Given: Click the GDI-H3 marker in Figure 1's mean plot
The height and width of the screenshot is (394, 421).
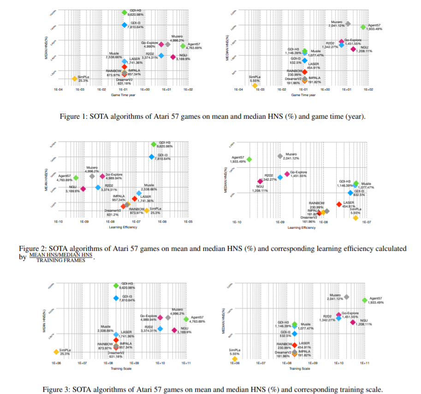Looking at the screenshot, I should pyautogui.click(x=125, y=13).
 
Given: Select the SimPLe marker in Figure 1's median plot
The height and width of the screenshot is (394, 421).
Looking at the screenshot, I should pyautogui.click(x=255, y=85).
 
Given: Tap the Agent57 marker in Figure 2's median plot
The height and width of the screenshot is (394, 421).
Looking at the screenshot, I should pyautogui.click(x=249, y=159).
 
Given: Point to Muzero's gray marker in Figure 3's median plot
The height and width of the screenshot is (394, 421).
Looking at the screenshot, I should pyautogui.click(x=346, y=297).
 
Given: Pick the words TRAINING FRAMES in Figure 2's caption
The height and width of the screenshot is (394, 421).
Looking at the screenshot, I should pyautogui.click(x=60, y=261).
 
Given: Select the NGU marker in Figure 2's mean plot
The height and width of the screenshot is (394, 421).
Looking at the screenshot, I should pyautogui.click(x=83, y=188).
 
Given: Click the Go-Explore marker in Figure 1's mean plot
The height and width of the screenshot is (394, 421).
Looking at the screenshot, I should pyautogui.click(x=161, y=44).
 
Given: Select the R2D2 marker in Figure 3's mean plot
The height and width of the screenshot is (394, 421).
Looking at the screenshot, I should pyautogui.click(x=160, y=329).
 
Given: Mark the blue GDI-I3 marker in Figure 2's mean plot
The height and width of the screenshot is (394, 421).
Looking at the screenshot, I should pyautogui.click(x=152, y=157).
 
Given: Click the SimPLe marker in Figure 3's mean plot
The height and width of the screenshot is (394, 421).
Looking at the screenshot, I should pyautogui.click(x=56, y=352).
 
